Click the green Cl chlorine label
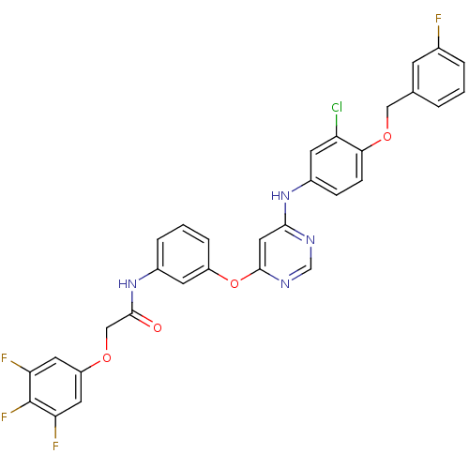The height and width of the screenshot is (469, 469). pos(337,107)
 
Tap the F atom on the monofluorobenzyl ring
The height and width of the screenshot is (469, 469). pos(438,19)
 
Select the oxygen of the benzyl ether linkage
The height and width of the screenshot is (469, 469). pos(387,136)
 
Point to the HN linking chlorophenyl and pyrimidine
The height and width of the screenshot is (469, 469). pos(280,196)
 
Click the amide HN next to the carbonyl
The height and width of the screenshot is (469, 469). pos(128,284)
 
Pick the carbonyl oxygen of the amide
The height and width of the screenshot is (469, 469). pos(158,327)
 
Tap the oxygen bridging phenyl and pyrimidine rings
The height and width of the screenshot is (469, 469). pos(234,283)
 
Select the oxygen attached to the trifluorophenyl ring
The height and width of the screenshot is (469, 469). pos(107,357)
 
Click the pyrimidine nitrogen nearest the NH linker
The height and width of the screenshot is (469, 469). pos(310,240)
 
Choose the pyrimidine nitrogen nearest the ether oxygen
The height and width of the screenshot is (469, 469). pos(285,284)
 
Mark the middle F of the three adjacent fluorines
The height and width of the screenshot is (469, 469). pos(4,416)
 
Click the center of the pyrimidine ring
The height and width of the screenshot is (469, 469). pos(285,254)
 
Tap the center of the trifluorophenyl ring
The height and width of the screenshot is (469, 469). pos(55,386)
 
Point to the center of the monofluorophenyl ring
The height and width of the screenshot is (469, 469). pos(438,78)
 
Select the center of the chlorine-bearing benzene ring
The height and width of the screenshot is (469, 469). pos(337,166)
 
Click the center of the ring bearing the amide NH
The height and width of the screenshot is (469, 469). pos(183,254)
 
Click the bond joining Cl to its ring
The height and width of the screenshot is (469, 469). pos(337,125)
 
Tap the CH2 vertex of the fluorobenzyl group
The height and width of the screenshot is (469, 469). pos(387,107)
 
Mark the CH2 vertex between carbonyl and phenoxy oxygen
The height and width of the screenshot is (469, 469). pos(107,328)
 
